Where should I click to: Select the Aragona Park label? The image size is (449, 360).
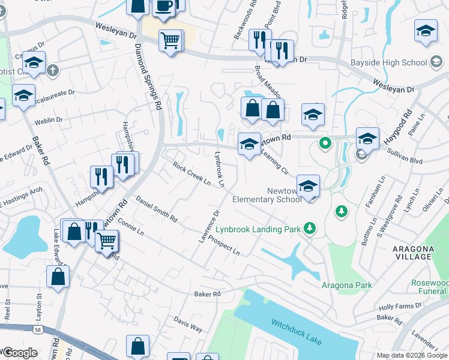347,285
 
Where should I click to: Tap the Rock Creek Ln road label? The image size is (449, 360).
191,173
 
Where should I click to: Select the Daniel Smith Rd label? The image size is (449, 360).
156,209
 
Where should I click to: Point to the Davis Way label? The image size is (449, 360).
188,324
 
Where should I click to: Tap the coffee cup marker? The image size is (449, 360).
164,6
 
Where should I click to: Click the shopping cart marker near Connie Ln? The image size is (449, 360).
107,241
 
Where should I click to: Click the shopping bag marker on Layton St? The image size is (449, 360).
58,277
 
